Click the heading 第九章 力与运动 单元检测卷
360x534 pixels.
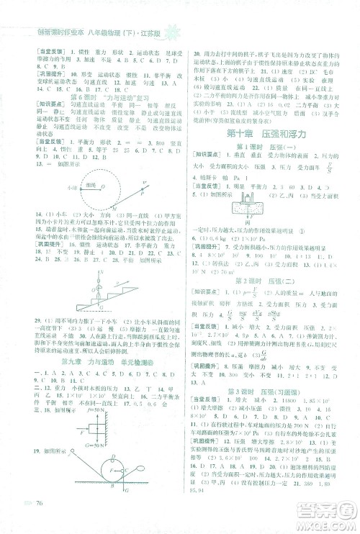point(92,361)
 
